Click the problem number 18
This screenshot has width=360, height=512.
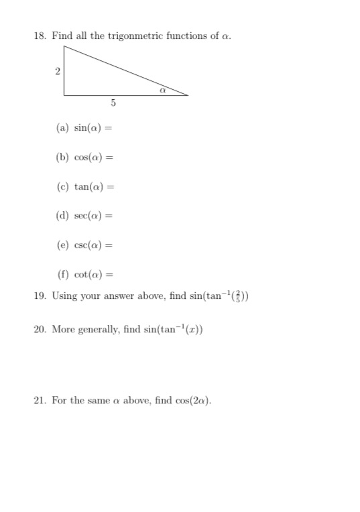coord(40,36)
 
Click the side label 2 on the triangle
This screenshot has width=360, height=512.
coord(58,70)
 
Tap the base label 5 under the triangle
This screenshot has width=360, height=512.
coord(113,103)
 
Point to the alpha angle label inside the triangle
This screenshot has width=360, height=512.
coord(162,88)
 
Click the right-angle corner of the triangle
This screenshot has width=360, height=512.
coord(65,94)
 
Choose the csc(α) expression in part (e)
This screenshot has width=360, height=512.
coord(90,245)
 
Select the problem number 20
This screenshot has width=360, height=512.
coord(40,330)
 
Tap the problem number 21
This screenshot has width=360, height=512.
coord(40,401)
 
